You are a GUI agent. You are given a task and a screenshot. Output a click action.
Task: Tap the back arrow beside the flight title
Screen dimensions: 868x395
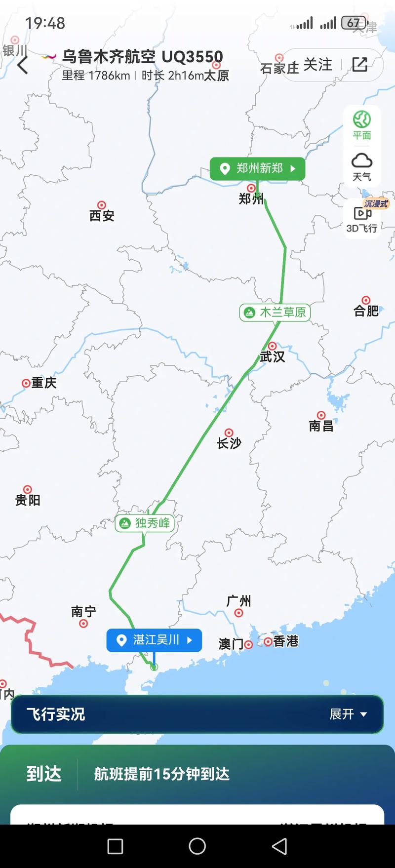[x=23, y=65]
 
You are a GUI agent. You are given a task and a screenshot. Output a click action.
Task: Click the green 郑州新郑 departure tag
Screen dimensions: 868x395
[x=257, y=169]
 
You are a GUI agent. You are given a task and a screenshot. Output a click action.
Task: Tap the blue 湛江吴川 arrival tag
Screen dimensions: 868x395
[x=154, y=640]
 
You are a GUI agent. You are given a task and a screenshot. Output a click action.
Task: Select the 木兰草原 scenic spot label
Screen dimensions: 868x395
[x=275, y=312]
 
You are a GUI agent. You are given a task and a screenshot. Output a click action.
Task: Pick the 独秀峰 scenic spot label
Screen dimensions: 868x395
[x=145, y=523]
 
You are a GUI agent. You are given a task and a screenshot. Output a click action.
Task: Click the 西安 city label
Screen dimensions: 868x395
[x=102, y=215]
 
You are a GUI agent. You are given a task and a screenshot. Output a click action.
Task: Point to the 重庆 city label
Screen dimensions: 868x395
[x=43, y=383]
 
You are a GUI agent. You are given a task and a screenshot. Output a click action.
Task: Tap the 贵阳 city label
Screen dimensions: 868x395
[x=28, y=500]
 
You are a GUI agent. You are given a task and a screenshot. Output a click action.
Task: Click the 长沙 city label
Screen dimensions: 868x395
[x=229, y=443]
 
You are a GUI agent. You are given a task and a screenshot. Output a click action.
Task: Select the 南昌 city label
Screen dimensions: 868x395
[x=321, y=425]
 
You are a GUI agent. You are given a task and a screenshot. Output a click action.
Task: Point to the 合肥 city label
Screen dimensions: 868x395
[x=366, y=310]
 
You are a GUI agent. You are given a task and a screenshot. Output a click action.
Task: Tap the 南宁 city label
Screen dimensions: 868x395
[x=83, y=612]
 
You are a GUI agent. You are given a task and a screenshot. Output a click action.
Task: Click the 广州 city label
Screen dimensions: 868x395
[x=238, y=601]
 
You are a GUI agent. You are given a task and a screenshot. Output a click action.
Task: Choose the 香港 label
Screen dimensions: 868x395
[x=285, y=641]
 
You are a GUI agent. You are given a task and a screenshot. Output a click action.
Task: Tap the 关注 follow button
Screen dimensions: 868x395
[x=317, y=65]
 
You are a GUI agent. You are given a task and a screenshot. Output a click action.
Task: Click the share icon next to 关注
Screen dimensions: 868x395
[x=359, y=64]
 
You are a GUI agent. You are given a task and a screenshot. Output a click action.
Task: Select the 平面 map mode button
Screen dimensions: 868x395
[x=362, y=125]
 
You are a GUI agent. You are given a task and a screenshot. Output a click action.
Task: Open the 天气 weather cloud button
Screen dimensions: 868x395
[x=362, y=167]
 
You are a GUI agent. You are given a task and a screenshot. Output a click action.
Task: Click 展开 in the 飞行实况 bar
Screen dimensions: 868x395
[x=348, y=714]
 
